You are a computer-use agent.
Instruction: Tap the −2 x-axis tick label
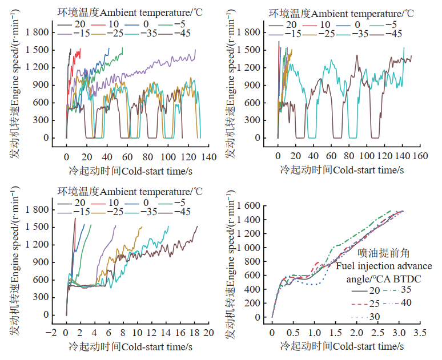tap(53, 333)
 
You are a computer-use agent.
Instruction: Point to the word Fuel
tap(346, 265)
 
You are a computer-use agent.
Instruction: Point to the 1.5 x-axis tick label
tap(336, 331)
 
